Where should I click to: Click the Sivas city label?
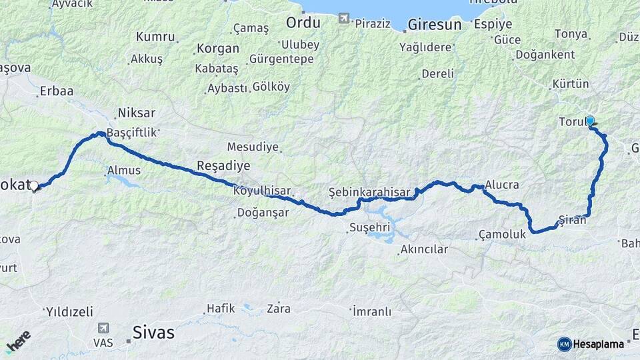coord(153,331)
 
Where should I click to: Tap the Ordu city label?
coord(303,23)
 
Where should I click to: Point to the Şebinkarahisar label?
coord(369,192)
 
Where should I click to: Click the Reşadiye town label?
coord(223,165)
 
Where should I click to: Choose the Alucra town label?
coord(502,184)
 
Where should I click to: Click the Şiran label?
coord(572,220)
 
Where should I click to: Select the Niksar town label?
coord(136,112)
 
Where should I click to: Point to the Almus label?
coord(124,171)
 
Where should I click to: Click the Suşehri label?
coord(366,228)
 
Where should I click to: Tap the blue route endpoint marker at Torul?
coord(589,121)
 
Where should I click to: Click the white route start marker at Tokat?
coord(33,186)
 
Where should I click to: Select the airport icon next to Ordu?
coord(343,19)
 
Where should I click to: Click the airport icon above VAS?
coord(103,328)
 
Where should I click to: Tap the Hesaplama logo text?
coord(598,344)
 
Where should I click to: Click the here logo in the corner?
coord(19,341)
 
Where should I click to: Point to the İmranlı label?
coord(371,311)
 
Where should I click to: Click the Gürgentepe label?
coord(281,59)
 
